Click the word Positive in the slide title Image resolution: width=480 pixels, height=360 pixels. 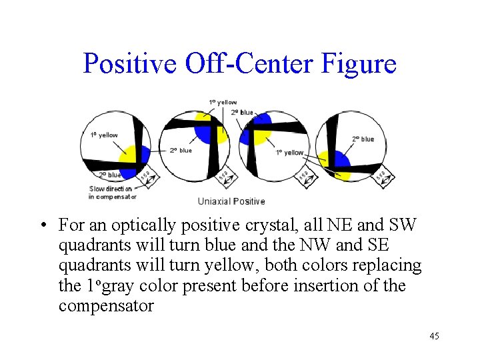pyautogui.click(x=129, y=64)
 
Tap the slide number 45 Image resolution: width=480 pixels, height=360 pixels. pyautogui.click(x=434, y=336)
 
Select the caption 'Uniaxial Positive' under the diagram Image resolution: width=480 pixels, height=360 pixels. pyautogui.click(x=231, y=201)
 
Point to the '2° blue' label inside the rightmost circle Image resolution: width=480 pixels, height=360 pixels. pyautogui.click(x=363, y=139)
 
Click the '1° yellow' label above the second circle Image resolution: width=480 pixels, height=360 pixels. pyautogui.click(x=223, y=102)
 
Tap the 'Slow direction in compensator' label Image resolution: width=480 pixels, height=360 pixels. pyautogui.click(x=112, y=193)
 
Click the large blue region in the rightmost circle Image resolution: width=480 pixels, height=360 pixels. pyautogui.click(x=340, y=161)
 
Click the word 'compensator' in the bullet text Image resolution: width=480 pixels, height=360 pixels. pyautogui.click(x=106, y=307)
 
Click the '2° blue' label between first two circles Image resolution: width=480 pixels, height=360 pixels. pyautogui.click(x=180, y=151)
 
